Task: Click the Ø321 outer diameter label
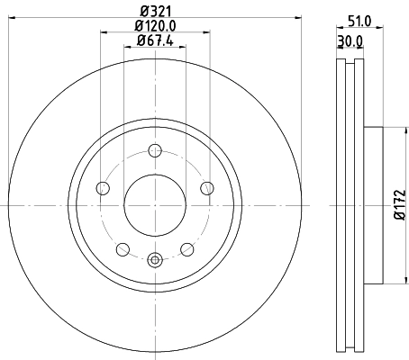click(x=155, y=12)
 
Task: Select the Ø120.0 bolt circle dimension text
click(x=155, y=27)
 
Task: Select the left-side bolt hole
click(x=103, y=188)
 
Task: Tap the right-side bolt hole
click(x=206, y=188)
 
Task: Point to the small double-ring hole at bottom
click(x=154, y=261)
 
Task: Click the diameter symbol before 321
click(x=141, y=12)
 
